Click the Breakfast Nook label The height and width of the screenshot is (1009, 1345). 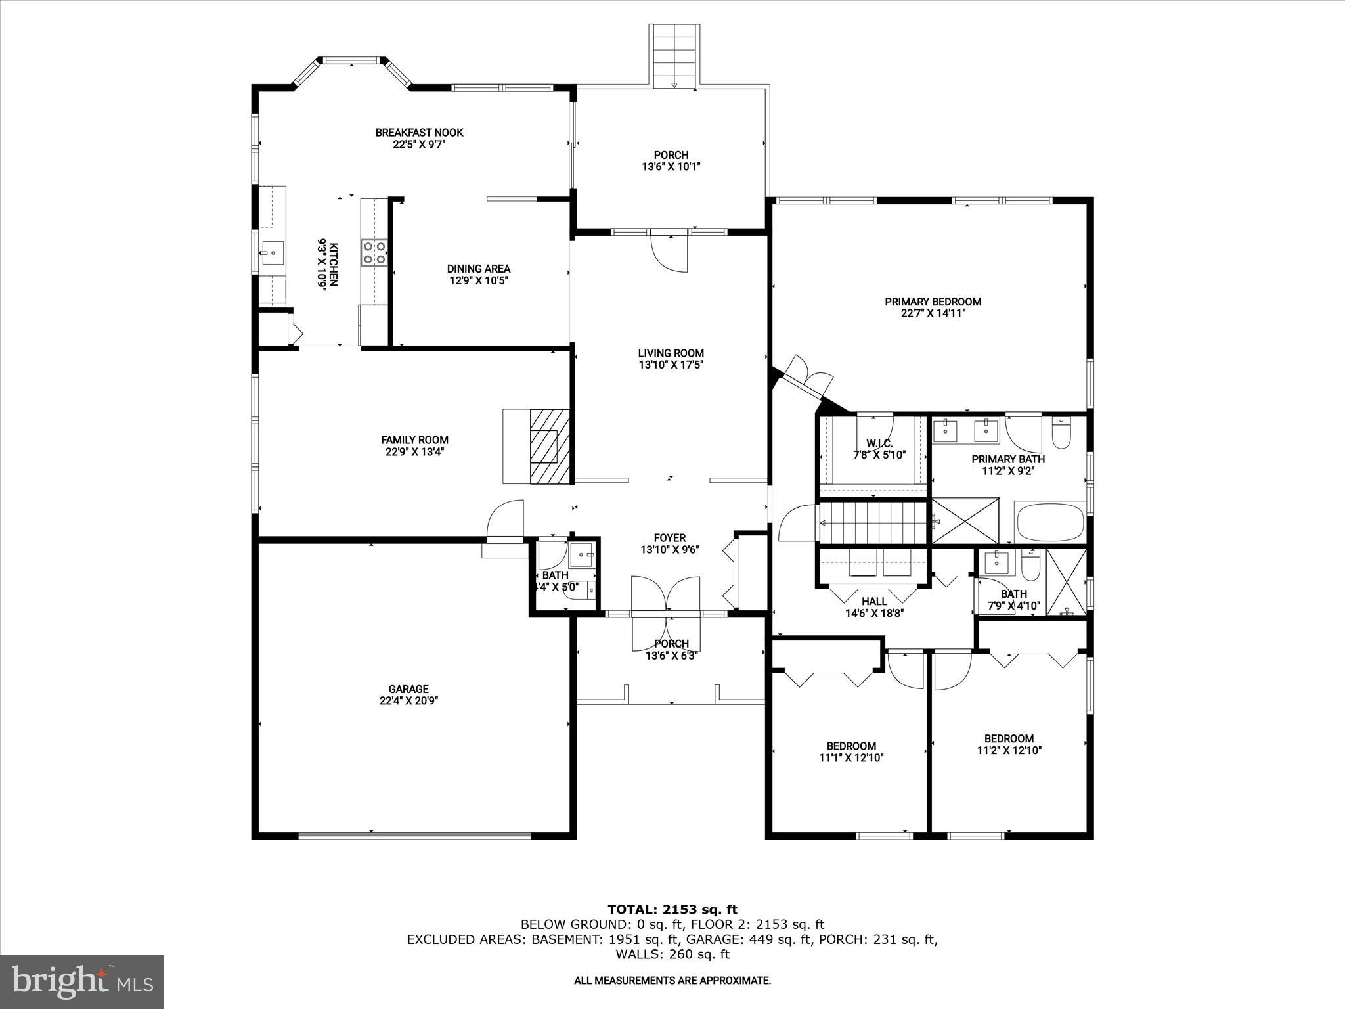(419, 133)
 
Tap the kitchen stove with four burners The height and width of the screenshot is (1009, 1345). (374, 253)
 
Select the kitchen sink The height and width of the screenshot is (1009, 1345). (273, 252)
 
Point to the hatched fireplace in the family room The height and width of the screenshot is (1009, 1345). (550, 447)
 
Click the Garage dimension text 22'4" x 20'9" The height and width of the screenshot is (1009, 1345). (408, 701)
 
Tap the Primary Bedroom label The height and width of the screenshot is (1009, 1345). (933, 302)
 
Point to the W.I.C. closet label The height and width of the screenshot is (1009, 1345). (879, 443)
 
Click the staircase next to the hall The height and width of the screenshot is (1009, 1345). (874, 523)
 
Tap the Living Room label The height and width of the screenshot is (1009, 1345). (671, 353)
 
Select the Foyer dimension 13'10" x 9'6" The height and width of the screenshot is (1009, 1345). (669, 550)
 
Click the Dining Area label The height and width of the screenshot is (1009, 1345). (478, 269)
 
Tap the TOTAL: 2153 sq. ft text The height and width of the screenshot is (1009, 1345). (672, 910)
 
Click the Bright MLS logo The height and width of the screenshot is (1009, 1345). (82, 981)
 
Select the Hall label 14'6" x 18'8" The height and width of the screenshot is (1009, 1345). (874, 608)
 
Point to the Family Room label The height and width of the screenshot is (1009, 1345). (414, 440)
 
